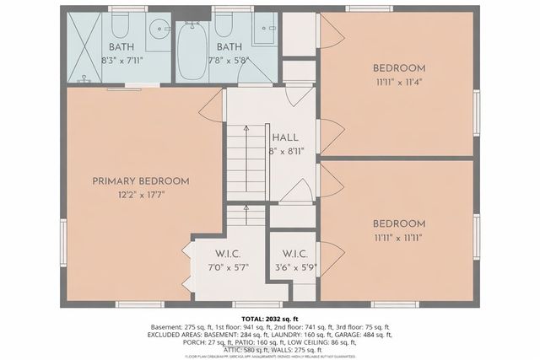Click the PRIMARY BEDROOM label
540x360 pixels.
pos(140,180)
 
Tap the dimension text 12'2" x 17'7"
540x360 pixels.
pos(140,194)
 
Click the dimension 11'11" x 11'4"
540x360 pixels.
pos(399,83)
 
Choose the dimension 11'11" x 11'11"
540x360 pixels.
pos(399,239)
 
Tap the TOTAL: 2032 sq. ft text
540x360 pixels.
pos(270,317)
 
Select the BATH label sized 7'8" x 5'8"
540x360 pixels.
pos(229,47)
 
